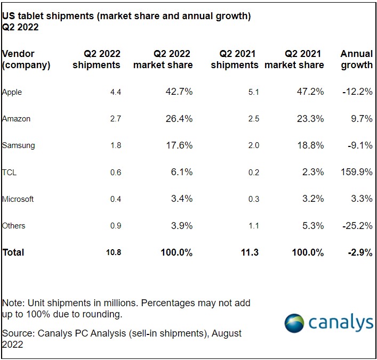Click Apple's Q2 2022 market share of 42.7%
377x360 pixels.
point(179,92)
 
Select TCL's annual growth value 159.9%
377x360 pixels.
point(356,172)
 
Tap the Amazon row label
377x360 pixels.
point(16,119)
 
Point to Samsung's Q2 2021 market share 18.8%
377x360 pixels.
point(310,145)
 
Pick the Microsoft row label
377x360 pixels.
point(18,199)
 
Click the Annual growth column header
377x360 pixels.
point(356,59)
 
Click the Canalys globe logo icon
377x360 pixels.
point(294,323)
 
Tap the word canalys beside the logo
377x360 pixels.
point(340,323)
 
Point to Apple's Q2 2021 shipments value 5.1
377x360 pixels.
point(253,92)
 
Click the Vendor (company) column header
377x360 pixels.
point(26,59)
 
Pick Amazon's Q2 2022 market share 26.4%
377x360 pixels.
point(179,119)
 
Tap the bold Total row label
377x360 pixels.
point(13,252)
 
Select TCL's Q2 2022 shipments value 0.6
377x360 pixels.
point(116,172)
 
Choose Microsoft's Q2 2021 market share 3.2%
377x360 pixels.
point(312,199)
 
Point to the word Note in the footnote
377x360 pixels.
point(12,303)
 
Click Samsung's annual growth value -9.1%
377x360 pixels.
point(359,145)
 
